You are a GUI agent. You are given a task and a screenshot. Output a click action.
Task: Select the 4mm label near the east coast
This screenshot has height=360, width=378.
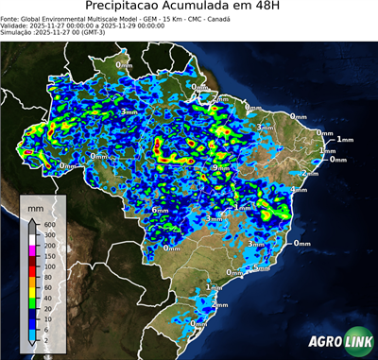point(299,190)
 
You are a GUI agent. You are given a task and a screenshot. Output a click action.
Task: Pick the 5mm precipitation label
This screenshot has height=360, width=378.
point(262,268)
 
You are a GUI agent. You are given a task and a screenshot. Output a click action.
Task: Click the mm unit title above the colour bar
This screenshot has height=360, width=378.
point(35,205)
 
